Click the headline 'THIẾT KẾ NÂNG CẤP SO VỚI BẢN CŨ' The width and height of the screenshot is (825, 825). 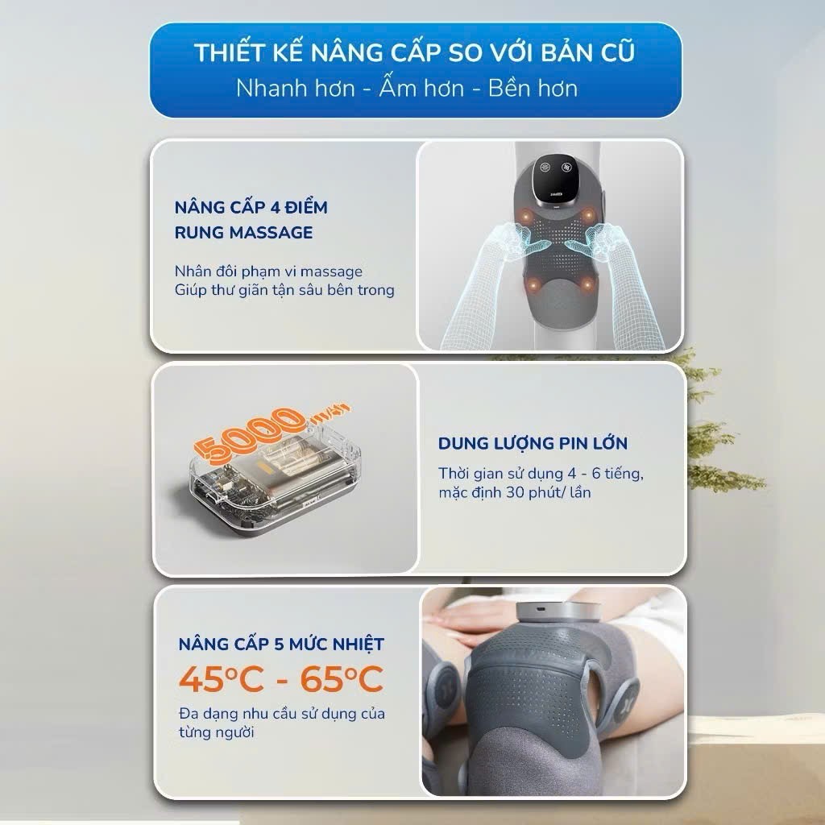pos(415,52)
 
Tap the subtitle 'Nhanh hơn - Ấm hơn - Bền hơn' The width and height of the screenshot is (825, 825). pos(407,89)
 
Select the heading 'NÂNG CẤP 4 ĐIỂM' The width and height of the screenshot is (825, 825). pos(251,207)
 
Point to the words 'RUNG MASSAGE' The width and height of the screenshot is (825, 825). pos(243,232)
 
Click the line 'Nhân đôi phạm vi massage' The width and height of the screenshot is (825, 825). pos(268,272)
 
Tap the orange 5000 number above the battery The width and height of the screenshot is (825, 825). pos(255,433)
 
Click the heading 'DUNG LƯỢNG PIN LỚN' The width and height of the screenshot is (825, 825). pos(533,443)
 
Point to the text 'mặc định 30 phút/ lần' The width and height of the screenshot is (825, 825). pos(515,492)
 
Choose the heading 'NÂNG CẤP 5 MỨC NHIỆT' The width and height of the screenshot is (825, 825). pos(281,644)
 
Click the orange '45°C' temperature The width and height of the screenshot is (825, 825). pos(221,679)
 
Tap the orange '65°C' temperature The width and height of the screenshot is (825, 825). pos(342,679)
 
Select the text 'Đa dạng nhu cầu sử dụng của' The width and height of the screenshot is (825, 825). pos(282,714)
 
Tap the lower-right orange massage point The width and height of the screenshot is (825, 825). pos(587,284)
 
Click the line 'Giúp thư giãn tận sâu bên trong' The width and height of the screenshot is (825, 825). pos(284,290)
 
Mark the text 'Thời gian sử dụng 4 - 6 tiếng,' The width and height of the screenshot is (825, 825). pos(541,474)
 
